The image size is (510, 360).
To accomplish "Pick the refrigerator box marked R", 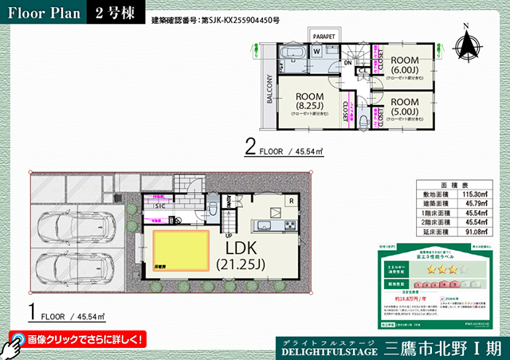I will [x=291, y=202].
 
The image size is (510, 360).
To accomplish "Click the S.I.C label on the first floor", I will [x=160, y=205].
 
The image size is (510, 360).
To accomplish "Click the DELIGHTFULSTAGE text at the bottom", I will [x=328, y=350].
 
